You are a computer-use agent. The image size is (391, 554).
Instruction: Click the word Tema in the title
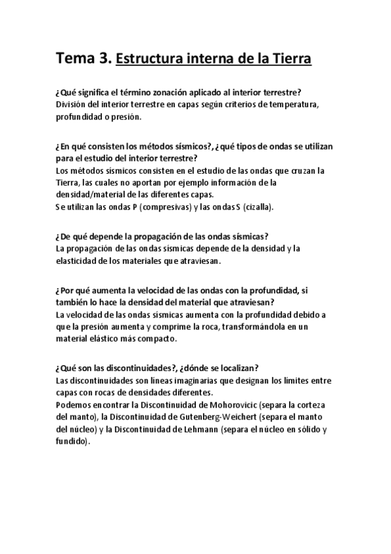click(75, 59)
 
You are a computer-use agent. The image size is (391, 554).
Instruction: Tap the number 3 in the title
click(104, 59)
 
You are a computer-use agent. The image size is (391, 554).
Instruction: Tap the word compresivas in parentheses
click(169, 207)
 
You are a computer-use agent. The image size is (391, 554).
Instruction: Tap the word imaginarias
click(191, 380)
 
